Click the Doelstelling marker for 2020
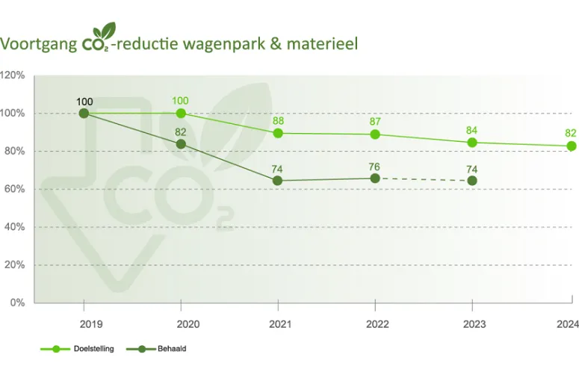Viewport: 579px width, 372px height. tap(181, 114)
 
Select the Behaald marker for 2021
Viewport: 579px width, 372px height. tap(278, 181)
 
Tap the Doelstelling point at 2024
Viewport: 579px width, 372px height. tap(572, 146)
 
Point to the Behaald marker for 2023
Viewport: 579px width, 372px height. tap(472, 181)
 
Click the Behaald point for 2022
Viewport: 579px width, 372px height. tap(375, 178)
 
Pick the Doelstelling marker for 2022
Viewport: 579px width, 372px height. tap(375, 134)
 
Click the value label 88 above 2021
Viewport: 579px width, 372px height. tap(278, 120)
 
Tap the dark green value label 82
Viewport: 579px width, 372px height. tap(181, 131)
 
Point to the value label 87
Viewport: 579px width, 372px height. tap(375, 121)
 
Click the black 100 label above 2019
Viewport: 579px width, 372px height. tap(84, 101)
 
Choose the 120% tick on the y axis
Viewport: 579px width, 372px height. tap(13, 75)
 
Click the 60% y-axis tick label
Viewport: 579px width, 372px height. tap(15, 189)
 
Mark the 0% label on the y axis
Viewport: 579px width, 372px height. tap(17, 303)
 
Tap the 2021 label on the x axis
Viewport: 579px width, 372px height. tap(278, 324)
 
